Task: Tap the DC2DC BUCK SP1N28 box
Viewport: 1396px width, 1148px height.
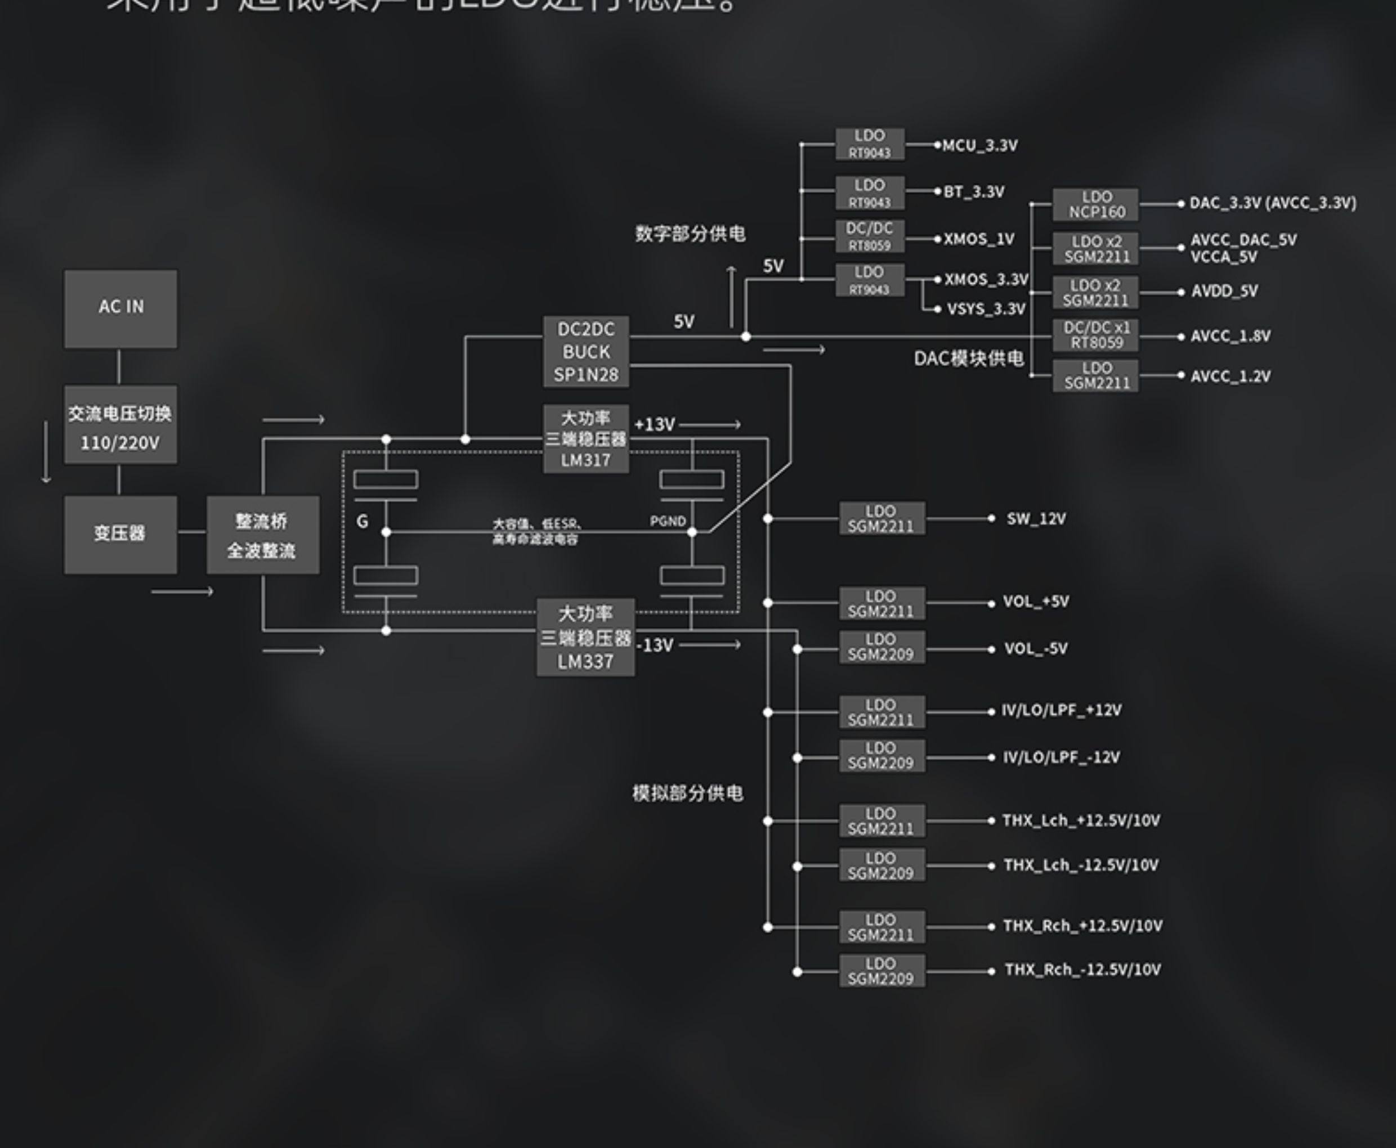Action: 586,352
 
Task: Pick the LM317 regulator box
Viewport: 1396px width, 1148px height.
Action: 586,439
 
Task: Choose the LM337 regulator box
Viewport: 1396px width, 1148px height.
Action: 585,638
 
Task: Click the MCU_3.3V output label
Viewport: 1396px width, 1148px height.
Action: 979,146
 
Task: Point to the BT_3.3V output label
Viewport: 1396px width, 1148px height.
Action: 973,192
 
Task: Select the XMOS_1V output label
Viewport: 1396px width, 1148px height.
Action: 979,239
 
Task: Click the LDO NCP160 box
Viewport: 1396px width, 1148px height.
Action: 1096,204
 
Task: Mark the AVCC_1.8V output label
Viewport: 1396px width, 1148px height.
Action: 1230,336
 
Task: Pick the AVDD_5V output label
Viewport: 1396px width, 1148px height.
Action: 1224,291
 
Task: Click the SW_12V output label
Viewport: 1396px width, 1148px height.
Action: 1036,518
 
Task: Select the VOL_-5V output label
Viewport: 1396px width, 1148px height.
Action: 1036,649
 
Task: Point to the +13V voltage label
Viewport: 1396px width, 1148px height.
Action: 655,424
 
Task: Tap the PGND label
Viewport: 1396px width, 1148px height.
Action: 667,521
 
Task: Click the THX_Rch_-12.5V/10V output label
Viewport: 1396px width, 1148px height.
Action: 1082,970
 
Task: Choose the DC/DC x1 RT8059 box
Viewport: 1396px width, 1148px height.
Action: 1096,335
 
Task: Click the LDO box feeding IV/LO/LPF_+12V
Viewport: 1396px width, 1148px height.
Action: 882,712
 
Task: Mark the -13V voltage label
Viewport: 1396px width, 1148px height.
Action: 655,645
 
